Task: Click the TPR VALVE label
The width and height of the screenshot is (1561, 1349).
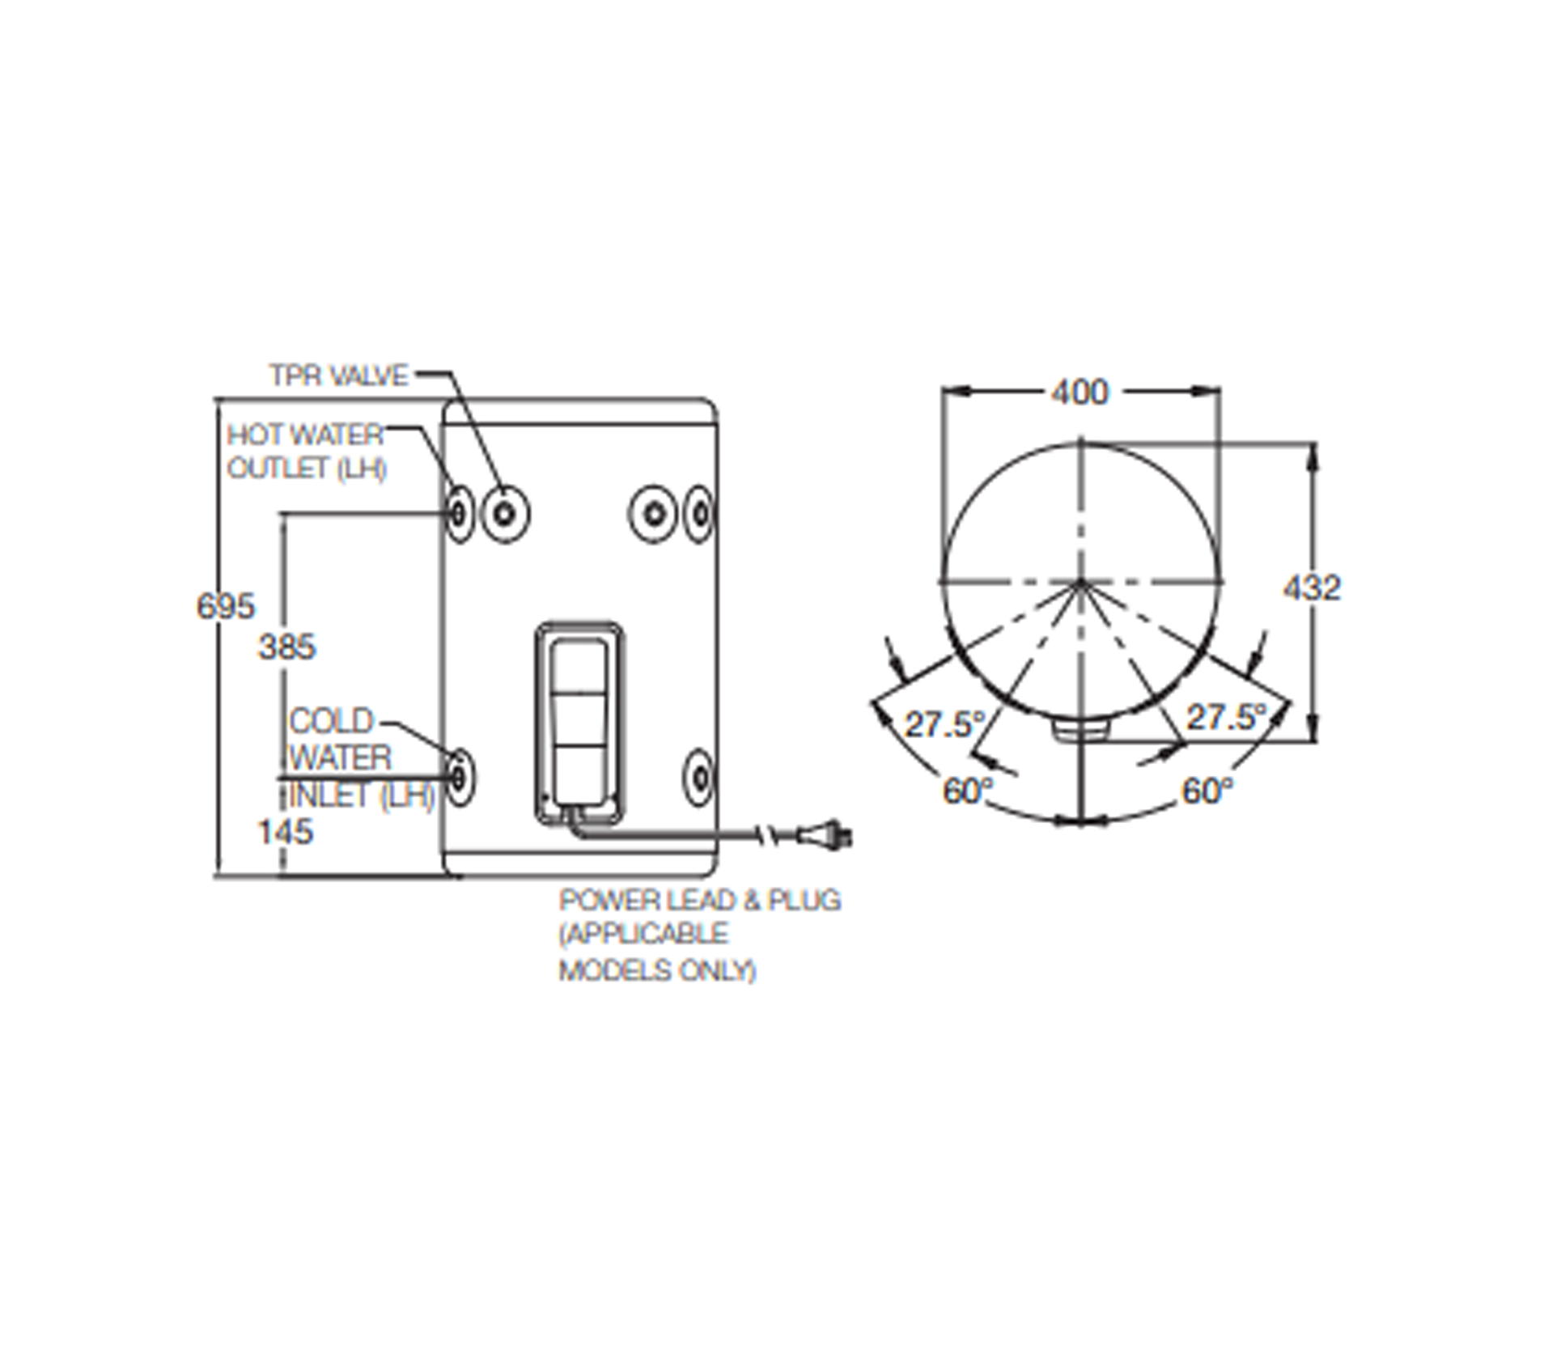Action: click(339, 375)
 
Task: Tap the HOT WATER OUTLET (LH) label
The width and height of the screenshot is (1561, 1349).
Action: click(306, 452)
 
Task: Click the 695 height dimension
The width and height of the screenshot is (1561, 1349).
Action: click(226, 606)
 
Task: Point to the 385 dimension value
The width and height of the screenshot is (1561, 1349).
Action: click(287, 647)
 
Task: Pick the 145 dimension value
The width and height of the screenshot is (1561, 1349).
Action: click(285, 832)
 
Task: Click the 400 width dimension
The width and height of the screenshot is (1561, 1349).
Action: click(1080, 392)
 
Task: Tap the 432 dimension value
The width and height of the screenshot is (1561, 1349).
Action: click(1312, 588)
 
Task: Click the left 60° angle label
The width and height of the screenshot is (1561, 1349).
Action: click(968, 791)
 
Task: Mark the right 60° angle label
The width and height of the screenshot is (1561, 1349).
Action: click(1207, 791)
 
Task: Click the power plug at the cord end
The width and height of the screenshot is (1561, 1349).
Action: click(825, 835)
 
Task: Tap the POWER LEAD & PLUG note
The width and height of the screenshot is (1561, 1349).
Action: click(700, 935)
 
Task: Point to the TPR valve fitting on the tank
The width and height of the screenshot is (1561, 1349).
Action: click(506, 514)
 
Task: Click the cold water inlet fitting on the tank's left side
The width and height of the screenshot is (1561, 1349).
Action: click(460, 777)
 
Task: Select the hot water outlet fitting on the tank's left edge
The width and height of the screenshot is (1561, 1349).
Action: click(459, 514)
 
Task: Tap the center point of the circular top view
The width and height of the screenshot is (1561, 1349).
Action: click(1080, 582)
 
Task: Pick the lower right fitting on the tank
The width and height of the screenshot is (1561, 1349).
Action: click(699, 777)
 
